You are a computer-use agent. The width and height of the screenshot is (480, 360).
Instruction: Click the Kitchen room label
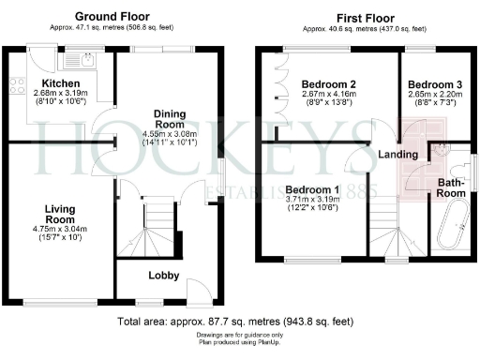[46, 83]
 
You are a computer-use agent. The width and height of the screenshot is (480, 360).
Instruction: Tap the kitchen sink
[75, 62]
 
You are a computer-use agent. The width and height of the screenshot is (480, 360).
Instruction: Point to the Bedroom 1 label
[307, 187]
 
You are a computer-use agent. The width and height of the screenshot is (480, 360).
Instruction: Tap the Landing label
[397, 154]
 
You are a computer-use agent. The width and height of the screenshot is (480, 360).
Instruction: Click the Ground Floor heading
[115, 17]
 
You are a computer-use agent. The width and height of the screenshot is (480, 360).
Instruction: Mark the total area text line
[235, 322]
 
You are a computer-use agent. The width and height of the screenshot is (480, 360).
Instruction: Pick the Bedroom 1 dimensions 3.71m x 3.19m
[307, 199]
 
